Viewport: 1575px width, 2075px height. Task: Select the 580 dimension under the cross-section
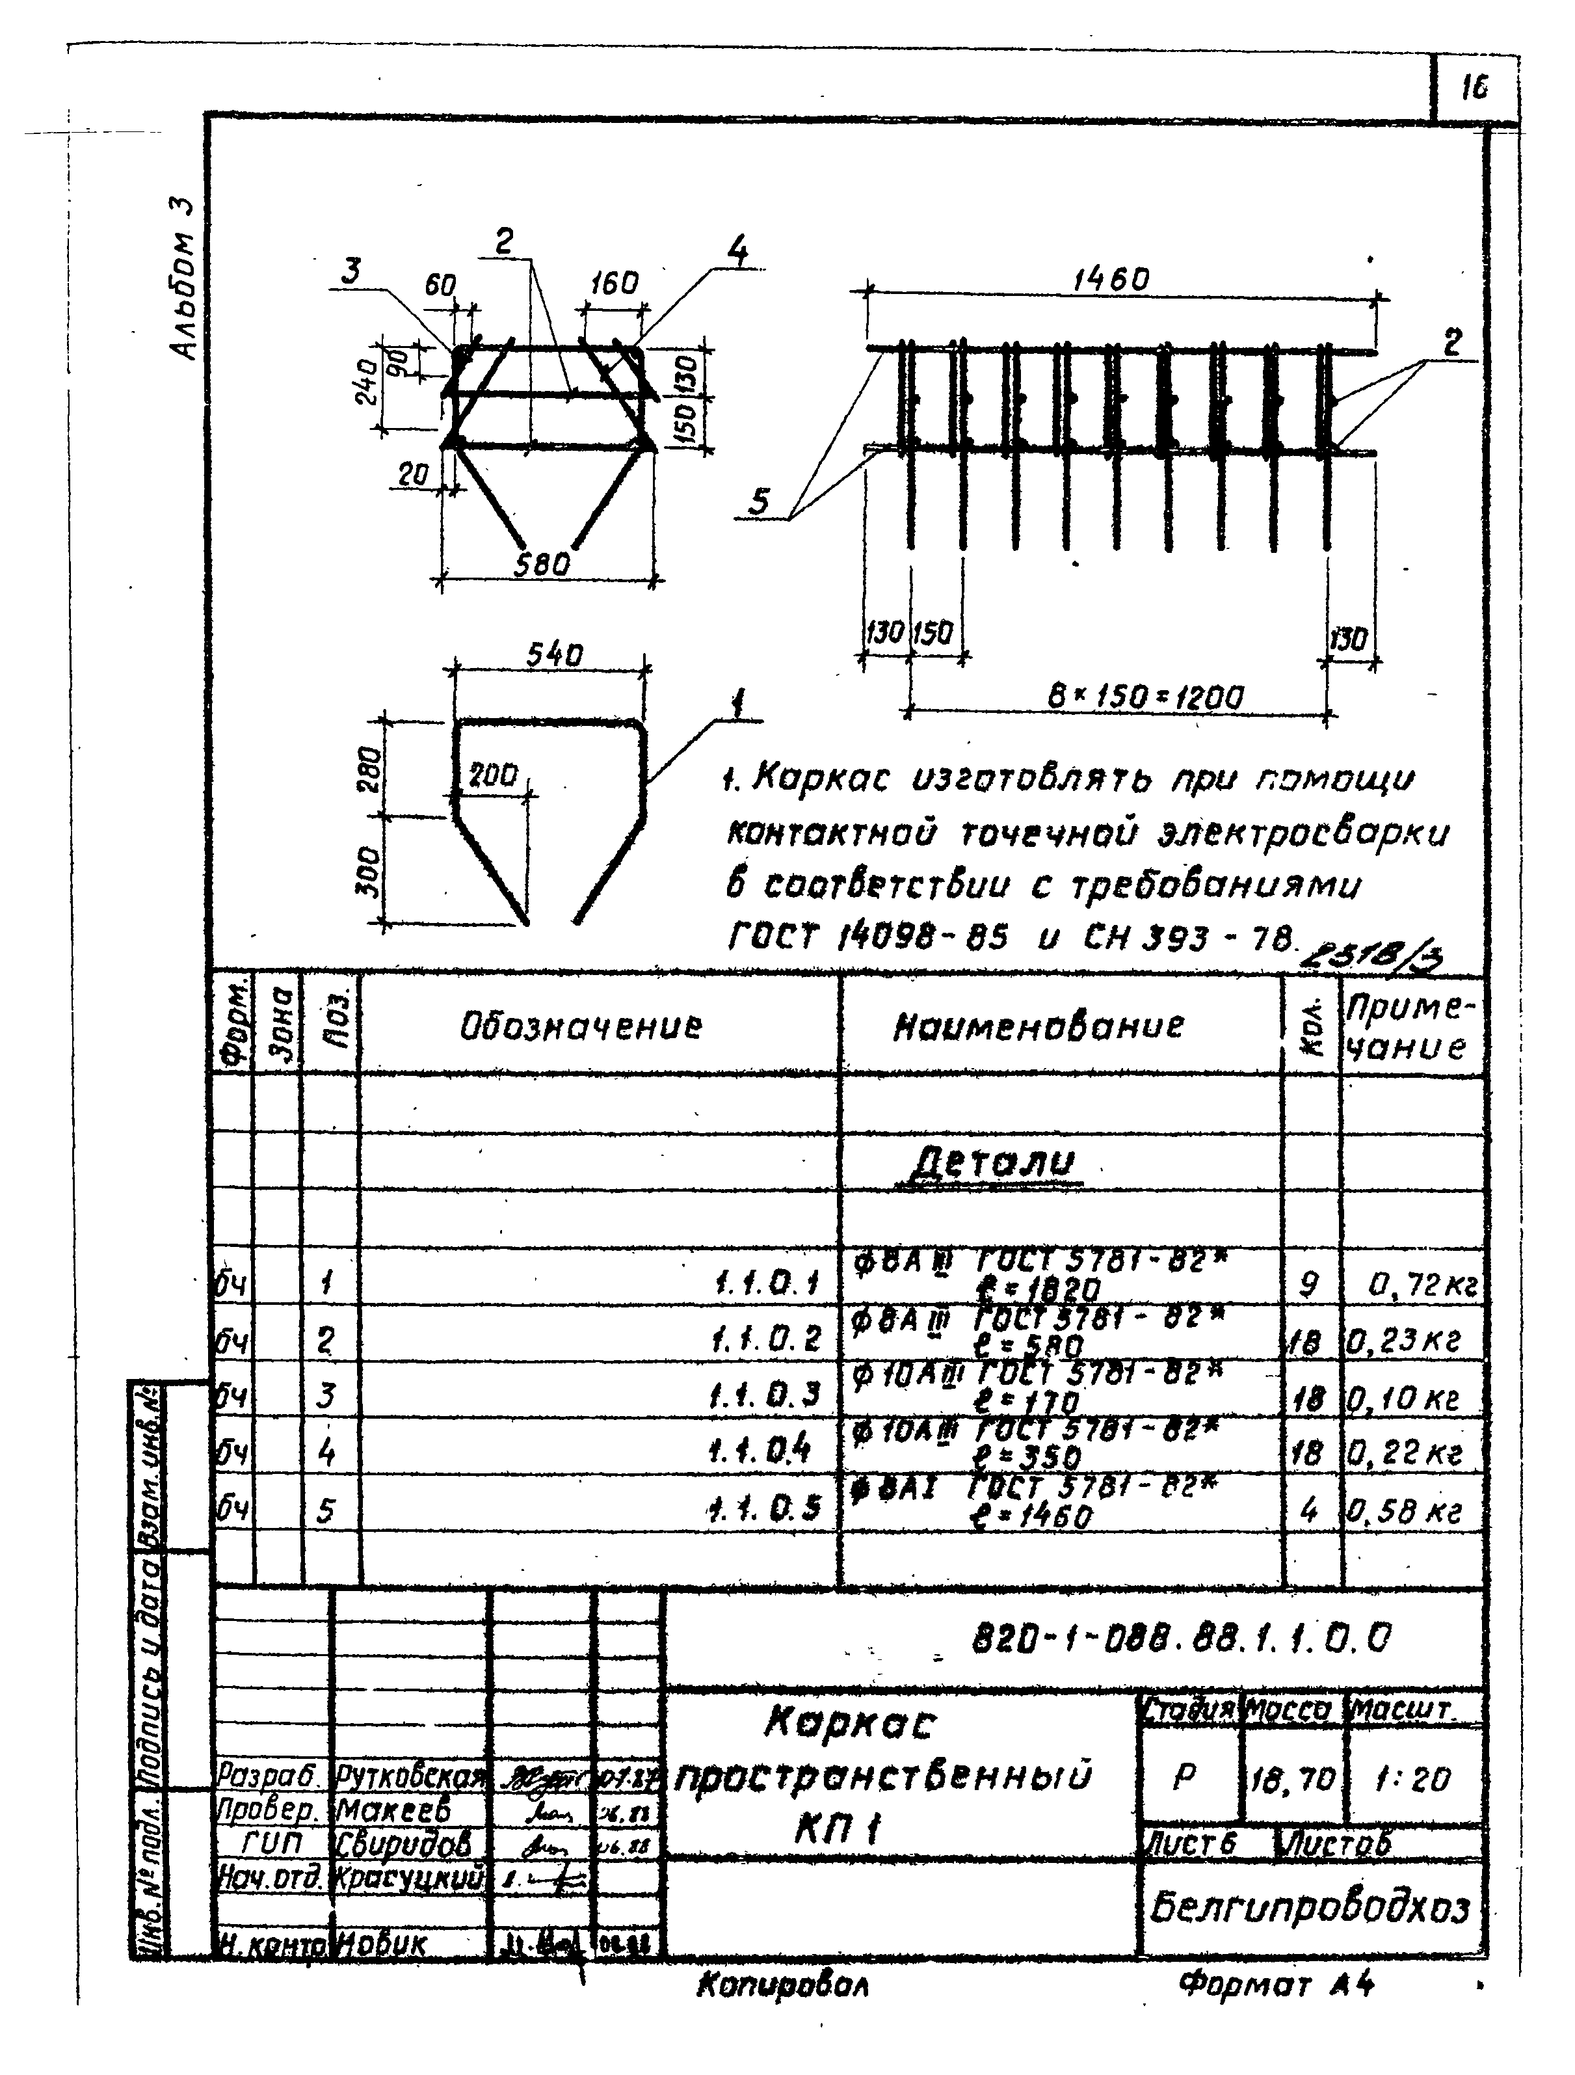543,565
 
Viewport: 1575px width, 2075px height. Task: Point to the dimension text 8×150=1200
1145,698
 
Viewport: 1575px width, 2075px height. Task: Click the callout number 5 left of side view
759,503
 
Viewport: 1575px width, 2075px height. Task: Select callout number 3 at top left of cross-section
351,271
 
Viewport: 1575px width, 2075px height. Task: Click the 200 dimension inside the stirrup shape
494,775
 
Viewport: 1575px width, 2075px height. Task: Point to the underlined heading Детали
992,1163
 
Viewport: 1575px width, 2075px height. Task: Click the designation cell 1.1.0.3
767,1395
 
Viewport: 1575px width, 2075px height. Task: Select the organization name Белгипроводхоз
1310,1905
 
